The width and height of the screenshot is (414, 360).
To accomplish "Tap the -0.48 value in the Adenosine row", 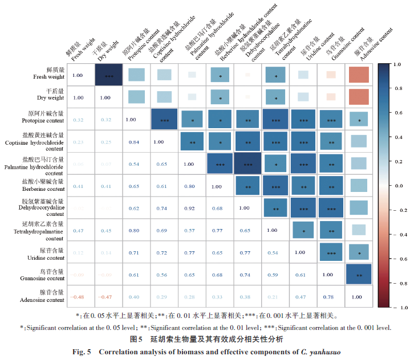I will pyautogui.click(x=78, y=297).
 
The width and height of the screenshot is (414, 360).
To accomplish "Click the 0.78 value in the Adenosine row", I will pyautogui.click(x=328, y=297).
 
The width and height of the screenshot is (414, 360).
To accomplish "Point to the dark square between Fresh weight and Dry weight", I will pyautogui.click(x=108, y=76).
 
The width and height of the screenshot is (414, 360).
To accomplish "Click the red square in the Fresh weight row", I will pyautogui.click(x=359, y=76).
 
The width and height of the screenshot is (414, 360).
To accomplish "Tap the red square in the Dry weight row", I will pyautogui.click(x=359, y=97).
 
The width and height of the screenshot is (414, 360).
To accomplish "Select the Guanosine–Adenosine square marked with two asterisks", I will pyautogui.click(x=359, y=275).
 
